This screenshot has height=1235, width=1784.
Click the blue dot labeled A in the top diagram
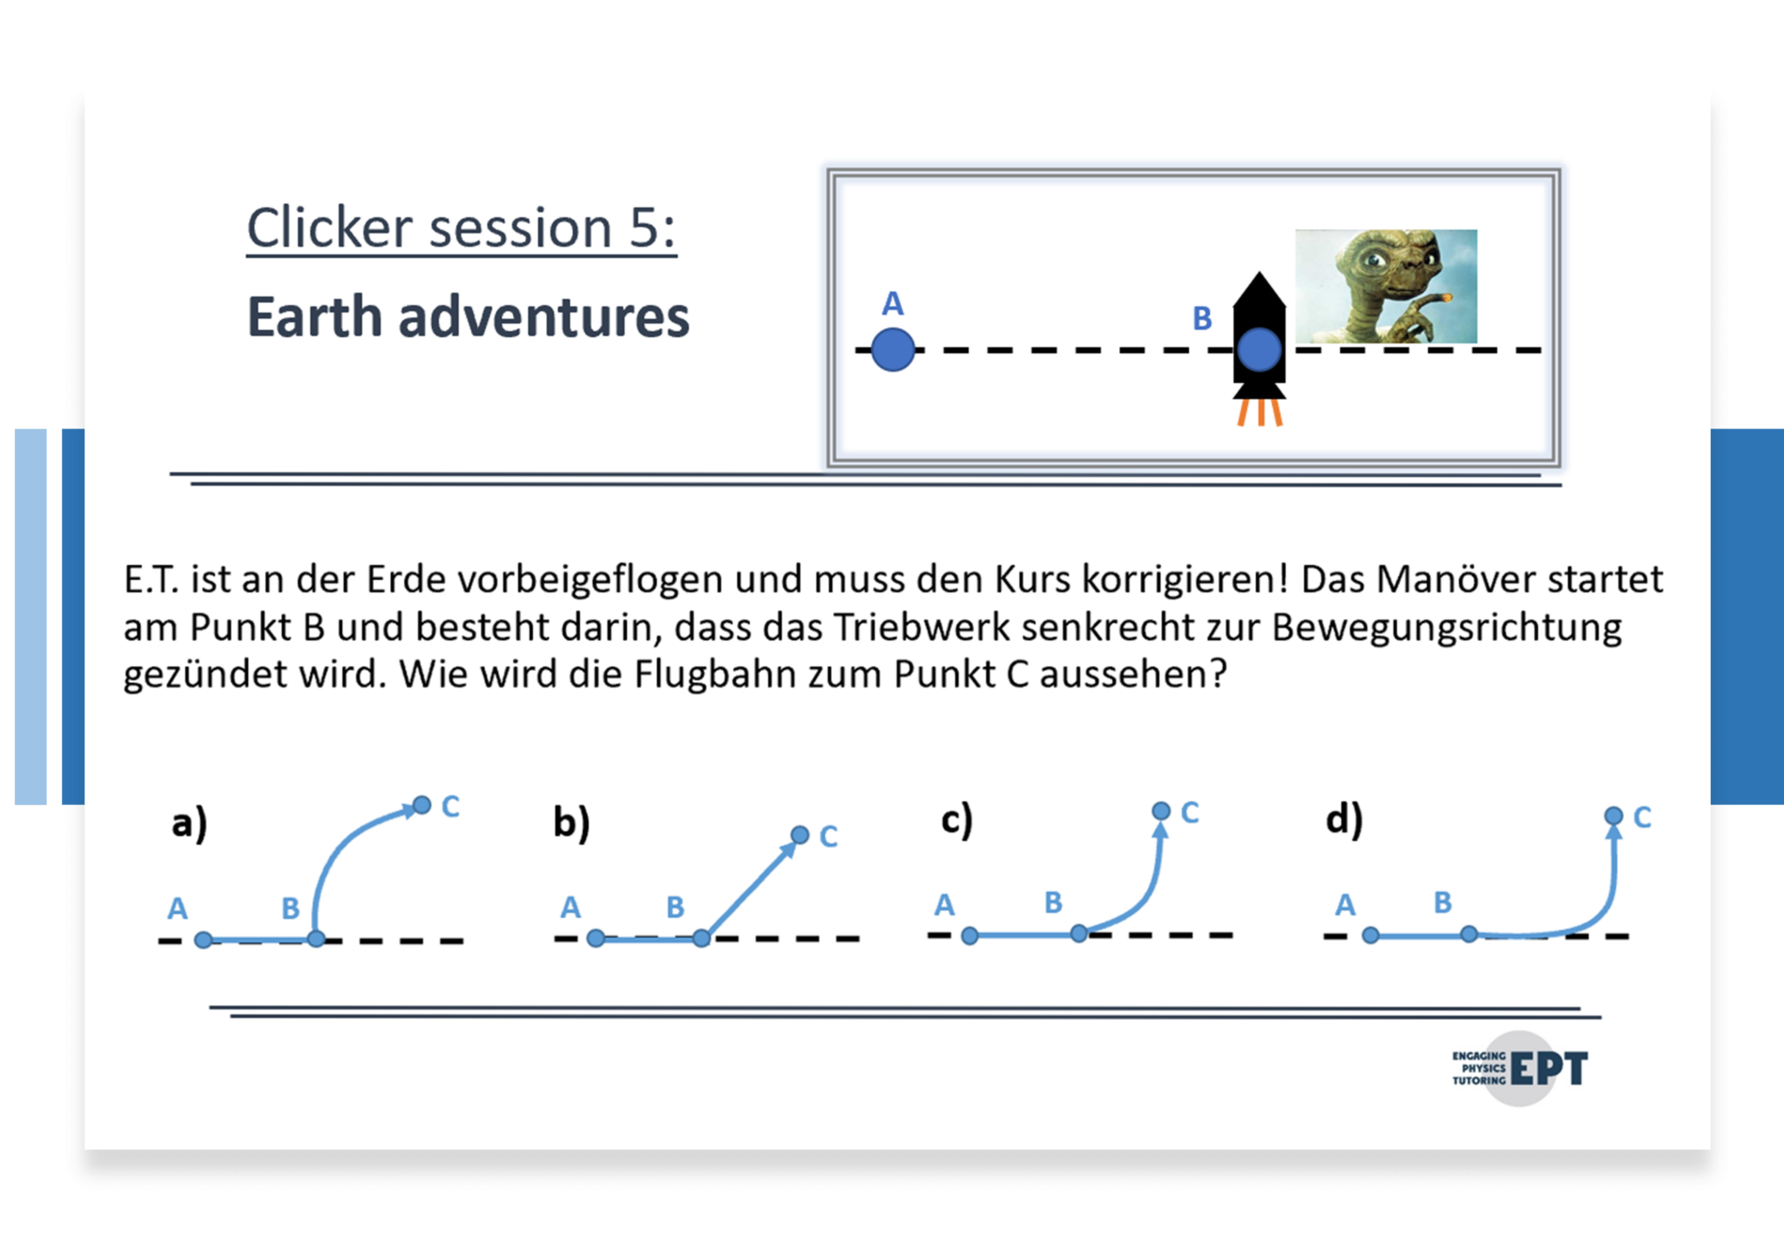[x=893, y=350]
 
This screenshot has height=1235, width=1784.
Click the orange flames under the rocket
[x=1260, y=412]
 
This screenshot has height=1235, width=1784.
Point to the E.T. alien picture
[x=1386, y=286]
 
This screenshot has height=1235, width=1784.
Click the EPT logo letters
[x=1550, y=1069]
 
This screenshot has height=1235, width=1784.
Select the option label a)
[x=189, y=823]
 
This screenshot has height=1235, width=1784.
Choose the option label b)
[x=571, y=822]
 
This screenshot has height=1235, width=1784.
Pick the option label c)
[x=956, y=820]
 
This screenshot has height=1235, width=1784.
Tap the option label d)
[x=1344, y=820]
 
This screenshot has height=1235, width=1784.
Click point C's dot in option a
[x=422, y=805]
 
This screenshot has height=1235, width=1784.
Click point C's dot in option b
[x=800, y=835]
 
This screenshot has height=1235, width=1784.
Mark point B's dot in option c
[x=1079, y=934]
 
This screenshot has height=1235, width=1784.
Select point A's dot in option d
[x=1370, y=935]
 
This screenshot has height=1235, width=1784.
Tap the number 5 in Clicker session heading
[x=642, y=228]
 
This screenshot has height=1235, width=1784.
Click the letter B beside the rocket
[x=1202, y=319]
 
